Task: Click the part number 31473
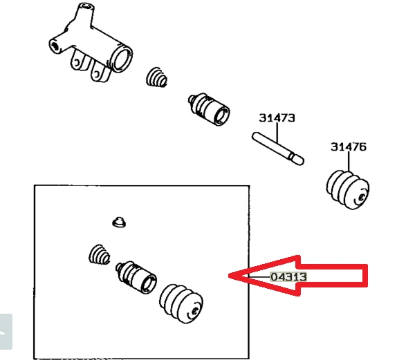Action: pos(277,118)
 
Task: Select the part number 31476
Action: pos(348,146)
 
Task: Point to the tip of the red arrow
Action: pos(230,276)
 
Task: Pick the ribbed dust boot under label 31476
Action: pos(348,188)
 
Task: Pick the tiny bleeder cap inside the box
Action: pos(119,222)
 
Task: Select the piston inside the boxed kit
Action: pos(138,278)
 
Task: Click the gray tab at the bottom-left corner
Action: pos(6,331)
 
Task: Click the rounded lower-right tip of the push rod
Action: pos(299,160)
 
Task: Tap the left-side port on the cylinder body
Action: pos(54,46)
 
